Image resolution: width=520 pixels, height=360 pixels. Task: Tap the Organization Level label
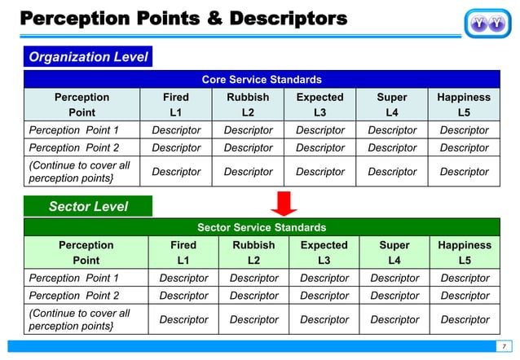[88, 57]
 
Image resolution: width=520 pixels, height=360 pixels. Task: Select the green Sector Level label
[88, 207]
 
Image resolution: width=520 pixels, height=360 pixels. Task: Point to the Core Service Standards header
[261, 80]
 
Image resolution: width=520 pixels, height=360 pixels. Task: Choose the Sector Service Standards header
[261, 228]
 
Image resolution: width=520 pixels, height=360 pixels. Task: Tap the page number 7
[503, 345]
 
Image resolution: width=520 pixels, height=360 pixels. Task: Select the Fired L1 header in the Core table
[176, 105]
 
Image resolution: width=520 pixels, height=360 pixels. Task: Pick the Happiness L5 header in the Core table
[464, 105]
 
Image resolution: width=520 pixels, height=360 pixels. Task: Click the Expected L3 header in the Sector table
[324, 252]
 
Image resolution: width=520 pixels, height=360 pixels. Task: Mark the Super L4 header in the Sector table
[394, 252]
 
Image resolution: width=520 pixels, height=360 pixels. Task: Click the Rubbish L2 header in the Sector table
[253, 252]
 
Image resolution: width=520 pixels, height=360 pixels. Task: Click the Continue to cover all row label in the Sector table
[80, 319]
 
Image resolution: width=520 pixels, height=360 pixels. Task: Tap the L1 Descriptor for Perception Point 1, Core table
[176, 130]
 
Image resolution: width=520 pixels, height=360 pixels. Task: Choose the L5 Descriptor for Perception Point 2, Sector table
[465, 296]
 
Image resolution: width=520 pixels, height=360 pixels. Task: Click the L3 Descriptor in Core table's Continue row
[319, 172]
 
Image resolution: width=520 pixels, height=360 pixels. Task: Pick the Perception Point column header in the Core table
[82, 105]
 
